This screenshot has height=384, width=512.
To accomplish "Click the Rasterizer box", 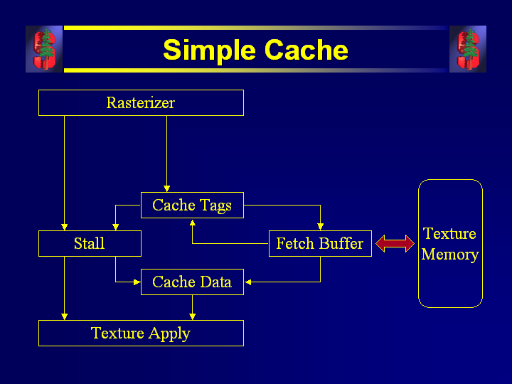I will tap(141, 102).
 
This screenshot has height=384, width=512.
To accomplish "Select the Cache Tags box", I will tap(192, 206).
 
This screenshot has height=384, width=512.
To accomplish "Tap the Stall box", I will tap(90, 244).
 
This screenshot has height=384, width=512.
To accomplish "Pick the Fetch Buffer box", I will tap(320, 244).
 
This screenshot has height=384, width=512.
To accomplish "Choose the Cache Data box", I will tap(192, 282).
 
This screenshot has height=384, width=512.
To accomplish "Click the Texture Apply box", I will tap(141, 334).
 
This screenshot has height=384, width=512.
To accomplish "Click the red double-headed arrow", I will tap(395, 244).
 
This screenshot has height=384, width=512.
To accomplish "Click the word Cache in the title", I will tap(306, 50).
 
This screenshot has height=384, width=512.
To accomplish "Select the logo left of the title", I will tap(44, 49).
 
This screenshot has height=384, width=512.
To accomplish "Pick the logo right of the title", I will tap(468, 49).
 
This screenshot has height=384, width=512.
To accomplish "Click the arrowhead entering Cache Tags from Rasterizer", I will tap(166, 188).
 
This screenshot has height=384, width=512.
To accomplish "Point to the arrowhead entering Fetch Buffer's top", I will tap(320, 227).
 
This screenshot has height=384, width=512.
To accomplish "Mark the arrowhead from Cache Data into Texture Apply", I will tap(192, 316).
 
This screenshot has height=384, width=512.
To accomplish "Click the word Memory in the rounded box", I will tap(450, 255).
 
